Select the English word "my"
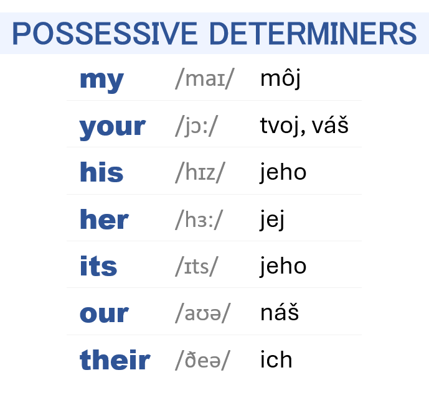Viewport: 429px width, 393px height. [101, 80]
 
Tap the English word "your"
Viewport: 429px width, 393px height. [112, 127]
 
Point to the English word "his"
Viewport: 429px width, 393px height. [101, 172]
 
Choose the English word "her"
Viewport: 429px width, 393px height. [104, 220]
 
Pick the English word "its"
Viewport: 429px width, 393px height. [98, 266]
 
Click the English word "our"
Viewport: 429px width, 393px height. [104, 313]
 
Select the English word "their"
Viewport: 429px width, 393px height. [115, 360]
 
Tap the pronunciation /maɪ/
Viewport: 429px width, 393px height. [205, 80]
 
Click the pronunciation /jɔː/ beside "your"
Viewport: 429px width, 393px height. [197, 126]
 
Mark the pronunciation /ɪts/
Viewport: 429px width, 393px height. [197, 266]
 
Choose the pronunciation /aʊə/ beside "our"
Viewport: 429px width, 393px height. [203, 313]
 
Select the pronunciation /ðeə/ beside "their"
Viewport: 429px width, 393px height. [203, 360]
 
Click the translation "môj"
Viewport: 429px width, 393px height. [280, 79]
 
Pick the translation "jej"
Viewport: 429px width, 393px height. [272, 220]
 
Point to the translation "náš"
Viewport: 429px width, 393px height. [280, 312]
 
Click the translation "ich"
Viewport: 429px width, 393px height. [276, 359]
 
